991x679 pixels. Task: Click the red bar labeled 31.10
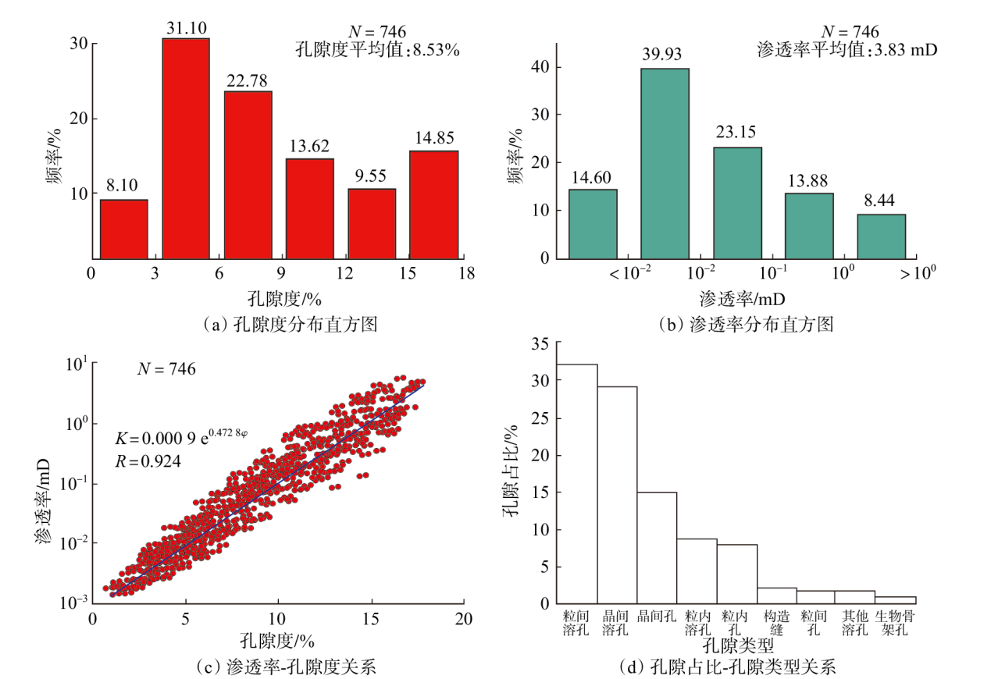coord(186,148)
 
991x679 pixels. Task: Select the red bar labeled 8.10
coord(124,229)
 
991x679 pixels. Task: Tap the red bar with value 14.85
coord(434,205)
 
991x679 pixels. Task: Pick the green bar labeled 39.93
coord(665,164)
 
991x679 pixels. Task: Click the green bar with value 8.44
coord(882,236)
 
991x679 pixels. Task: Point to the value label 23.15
coord(736,132)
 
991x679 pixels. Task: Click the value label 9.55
coord(371,176)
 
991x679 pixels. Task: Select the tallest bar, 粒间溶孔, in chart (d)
coord(577,484)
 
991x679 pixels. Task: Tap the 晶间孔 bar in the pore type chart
coord(657,548)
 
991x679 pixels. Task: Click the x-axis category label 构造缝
coord(776,623)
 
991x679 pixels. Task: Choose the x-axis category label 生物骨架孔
coord(894,623)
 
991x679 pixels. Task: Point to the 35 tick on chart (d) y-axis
coord(540,344)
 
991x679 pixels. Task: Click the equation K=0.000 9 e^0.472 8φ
coord(181,437)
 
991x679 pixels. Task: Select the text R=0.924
coord(148,461)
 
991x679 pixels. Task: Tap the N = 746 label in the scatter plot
coord(166,368)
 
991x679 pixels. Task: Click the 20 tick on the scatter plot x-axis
coord(464,619)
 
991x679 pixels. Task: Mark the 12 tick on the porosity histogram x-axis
coord(344,273)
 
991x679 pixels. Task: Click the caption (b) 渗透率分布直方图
coord(746,325)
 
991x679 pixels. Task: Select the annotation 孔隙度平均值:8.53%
coord(377,49)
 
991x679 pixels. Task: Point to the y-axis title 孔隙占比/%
coord(510,471)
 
